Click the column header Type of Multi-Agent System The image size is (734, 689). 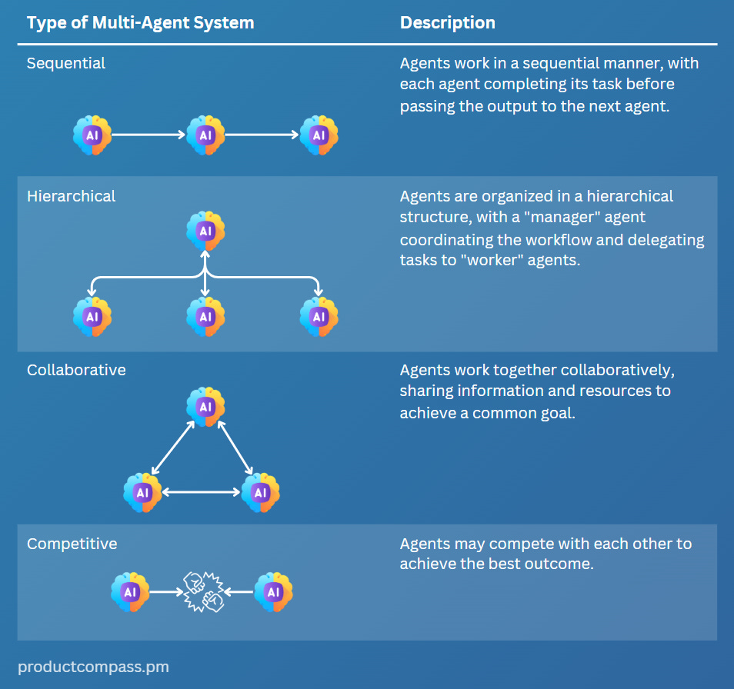(140, 22)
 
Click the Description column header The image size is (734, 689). (447, 22)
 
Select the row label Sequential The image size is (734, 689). (66, 63)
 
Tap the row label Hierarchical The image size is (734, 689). (71, 196)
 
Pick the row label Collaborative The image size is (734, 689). (76, 370)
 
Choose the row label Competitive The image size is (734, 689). (72, 544)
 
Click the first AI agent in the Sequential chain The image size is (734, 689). (92, 135)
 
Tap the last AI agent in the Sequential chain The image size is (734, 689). (319, 135)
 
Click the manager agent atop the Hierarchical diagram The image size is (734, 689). (205, 231)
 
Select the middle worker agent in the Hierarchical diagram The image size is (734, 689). (205, 316)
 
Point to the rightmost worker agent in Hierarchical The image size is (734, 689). (319, 316)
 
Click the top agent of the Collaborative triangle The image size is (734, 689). (205, 406)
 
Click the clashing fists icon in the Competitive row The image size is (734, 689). (202, 591)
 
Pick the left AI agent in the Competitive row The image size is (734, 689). (130, 591)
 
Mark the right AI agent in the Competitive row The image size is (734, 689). (273, 591)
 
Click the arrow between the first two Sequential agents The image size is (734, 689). (148, 135)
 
